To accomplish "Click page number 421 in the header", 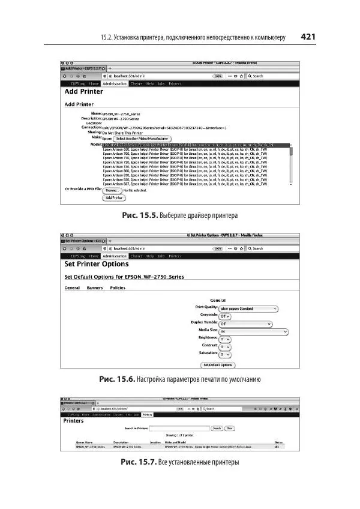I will coord(308,37).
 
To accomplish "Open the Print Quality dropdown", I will coord(248,309).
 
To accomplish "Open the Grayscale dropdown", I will coord(226,315).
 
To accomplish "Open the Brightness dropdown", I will coord(225,339).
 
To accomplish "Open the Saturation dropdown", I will coord(225,354).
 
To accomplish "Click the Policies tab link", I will coord(118,288).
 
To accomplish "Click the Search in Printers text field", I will coord(179,428).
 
